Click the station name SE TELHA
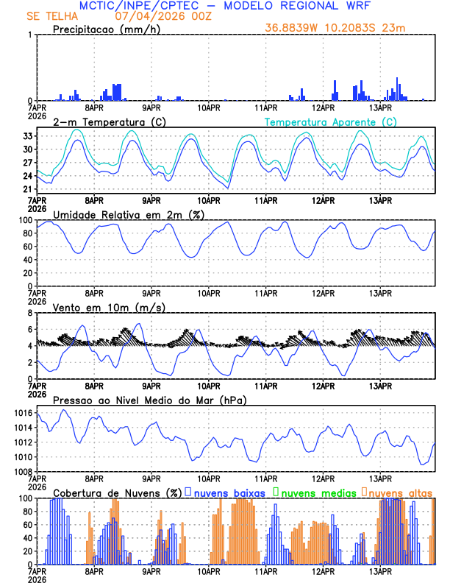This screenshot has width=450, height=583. coord(52,16)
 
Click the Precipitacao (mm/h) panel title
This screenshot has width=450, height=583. coord(107,29)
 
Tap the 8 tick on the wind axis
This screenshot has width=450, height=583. coord(29,313)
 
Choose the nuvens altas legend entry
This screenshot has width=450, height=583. coord(400,492)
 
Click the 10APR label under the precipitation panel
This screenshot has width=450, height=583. coord(209,107)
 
